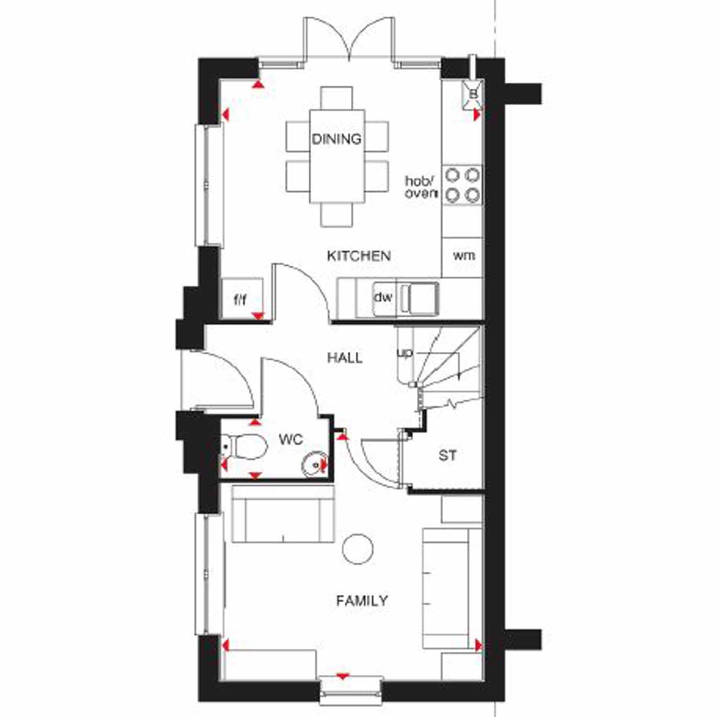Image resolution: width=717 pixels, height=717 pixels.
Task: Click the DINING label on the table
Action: click(337, 139)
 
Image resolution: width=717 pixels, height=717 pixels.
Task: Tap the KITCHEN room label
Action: click(358, 256)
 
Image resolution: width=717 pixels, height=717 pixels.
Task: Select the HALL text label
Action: click(345, 358)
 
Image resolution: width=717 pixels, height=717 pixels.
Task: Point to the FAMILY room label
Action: click(362, 600)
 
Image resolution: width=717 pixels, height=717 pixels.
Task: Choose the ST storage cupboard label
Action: click(447, 456)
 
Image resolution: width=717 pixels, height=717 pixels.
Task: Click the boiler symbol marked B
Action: click(473, 94)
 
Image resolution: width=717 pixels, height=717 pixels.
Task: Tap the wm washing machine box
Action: click(463, 256)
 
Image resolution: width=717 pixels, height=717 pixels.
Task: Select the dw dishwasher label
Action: click(383, 297)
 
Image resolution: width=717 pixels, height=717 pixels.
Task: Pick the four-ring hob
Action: click(462, 185)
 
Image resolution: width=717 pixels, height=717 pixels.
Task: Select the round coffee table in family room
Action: click(358, 549)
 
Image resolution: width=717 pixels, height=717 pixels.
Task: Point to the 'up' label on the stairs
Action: click(404, 353)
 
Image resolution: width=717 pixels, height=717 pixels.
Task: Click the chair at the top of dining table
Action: click(337, 98)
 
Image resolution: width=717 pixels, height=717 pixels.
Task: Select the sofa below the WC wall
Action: click(282, 514)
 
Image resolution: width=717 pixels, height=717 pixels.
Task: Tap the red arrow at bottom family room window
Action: click(342, 676)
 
